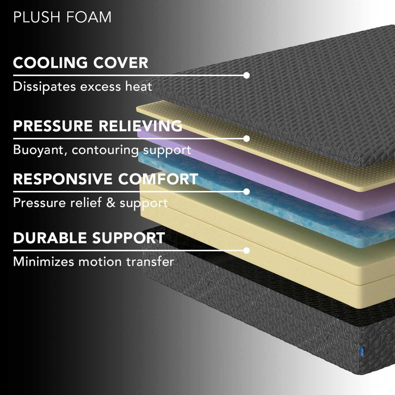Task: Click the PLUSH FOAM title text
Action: [x=62, y=17]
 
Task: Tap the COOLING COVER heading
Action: [x=80, y=63]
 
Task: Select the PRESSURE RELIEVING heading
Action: [x=98, y=126]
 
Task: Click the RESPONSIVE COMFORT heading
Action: [x=106, y=179]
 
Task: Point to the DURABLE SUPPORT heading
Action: [x=89, y=238]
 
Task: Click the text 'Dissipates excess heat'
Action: [x=83, y=87]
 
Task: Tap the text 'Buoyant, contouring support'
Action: [x=103, y=150]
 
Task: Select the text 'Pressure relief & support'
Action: [x=90, y=203]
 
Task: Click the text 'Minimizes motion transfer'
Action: [x=94, y=261]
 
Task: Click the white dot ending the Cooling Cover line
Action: [x=246, y=75]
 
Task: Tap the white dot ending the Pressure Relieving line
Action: [x=246, y=139]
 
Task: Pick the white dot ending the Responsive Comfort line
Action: [x=246, y=192]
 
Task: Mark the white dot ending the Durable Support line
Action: [x=246, y=250]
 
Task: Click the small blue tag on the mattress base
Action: [x=362, y=351]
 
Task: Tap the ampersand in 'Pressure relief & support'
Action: [x=111, y=203]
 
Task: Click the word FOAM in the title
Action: [x=89, y=17]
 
